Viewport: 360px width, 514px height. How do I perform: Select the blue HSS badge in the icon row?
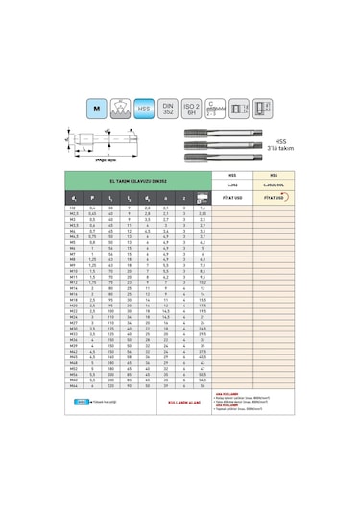[143, 109]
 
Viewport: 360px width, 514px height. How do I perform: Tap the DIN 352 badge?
[167, 109]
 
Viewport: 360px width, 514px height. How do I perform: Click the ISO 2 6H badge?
[192, 109]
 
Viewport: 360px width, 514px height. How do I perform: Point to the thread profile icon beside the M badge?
[119, 109]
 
